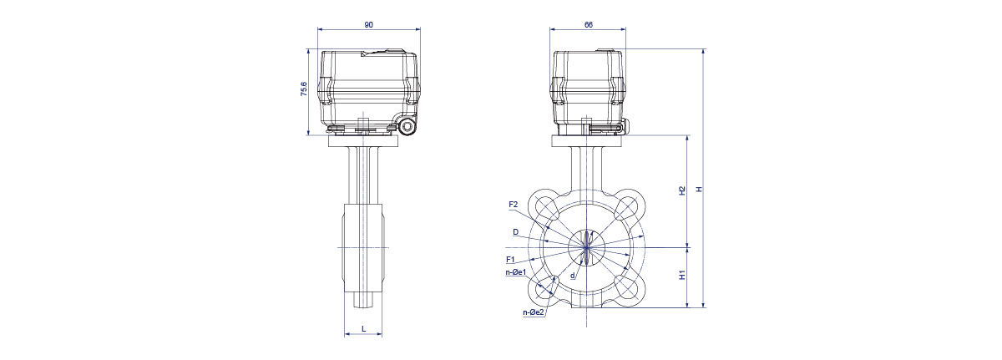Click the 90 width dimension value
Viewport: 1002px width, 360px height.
(x=368, y=25)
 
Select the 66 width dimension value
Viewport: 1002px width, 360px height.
(x=588, y=25)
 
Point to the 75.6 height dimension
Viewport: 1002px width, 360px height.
(x=304, y=89)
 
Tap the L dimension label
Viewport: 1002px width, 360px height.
(x=364, y=329)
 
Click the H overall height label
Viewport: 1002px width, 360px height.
(x=699, y=189)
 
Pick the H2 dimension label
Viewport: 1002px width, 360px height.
(x=682, y=190)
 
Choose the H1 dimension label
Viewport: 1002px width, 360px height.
(x=682, y=275)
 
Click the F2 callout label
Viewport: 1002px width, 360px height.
(x=513, y=205)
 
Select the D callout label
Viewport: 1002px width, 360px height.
(x=516, y=232)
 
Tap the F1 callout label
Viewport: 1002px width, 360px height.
(x=510, y=260)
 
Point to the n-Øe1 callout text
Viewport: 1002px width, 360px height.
(x=516, y=272)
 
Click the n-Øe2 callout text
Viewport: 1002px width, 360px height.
(x=534, y=312)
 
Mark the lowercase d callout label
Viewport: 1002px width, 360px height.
(x=572, y=276)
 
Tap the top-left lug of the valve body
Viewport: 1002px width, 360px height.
(x=544, y=205)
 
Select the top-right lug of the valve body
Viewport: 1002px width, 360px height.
(x=629, y=205)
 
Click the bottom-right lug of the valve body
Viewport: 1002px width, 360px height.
(x=629, y=289)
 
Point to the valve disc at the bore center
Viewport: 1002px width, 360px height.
(x=586, y=247)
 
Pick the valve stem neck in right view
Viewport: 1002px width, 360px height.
(x=586, y=169)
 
